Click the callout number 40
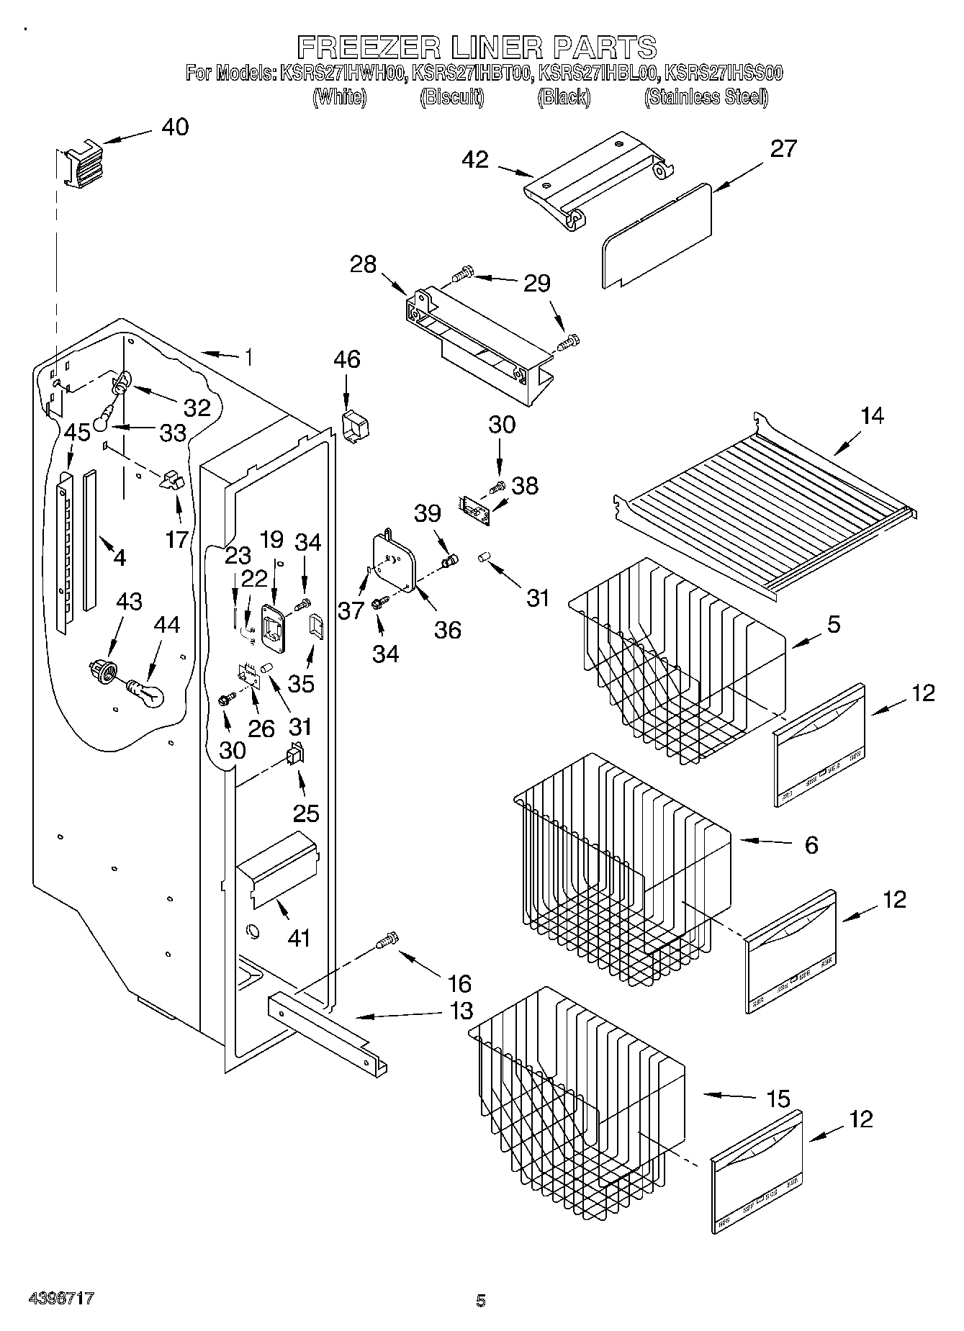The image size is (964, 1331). pyautogui.click(x=175, y=127)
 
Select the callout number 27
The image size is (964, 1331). pyautogui.click(x=783, y=148)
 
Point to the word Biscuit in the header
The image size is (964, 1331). pyautogui.click(x=451, y=97)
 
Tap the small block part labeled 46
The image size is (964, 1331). pyautogui.click(x=353, y=428)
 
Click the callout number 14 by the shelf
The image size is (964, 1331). pyautogui.click(x=872, y=415)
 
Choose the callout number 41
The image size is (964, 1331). pyautogui.click(x=299, y=938)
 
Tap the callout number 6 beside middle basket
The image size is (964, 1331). pyautogui.click(x=811, y=844)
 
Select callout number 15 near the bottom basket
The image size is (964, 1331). pyautogui.click(x=778, y=1099)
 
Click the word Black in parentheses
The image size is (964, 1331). pyautogui.click(x=564, y=97)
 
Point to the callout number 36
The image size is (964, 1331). pyautogui.click(x=447, y=630)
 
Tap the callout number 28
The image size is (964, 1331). pyautogui.click(x=363, y=264)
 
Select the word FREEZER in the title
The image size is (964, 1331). pyautogui.click(x=369, y=48)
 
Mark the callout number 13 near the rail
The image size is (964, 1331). pyautogui.click(x=461, y=1011)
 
